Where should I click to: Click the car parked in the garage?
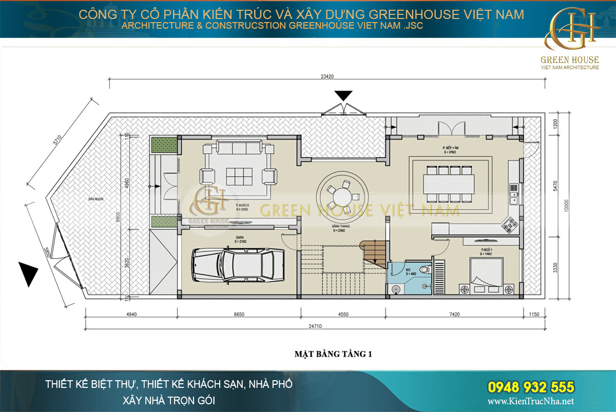[x=238, y=265]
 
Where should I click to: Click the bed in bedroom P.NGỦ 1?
[x=486, y=275]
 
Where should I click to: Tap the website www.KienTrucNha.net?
[x=531, y=401]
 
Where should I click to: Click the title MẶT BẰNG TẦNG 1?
[x=332, y=354]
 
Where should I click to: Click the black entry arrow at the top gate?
[x=343, y=95]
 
